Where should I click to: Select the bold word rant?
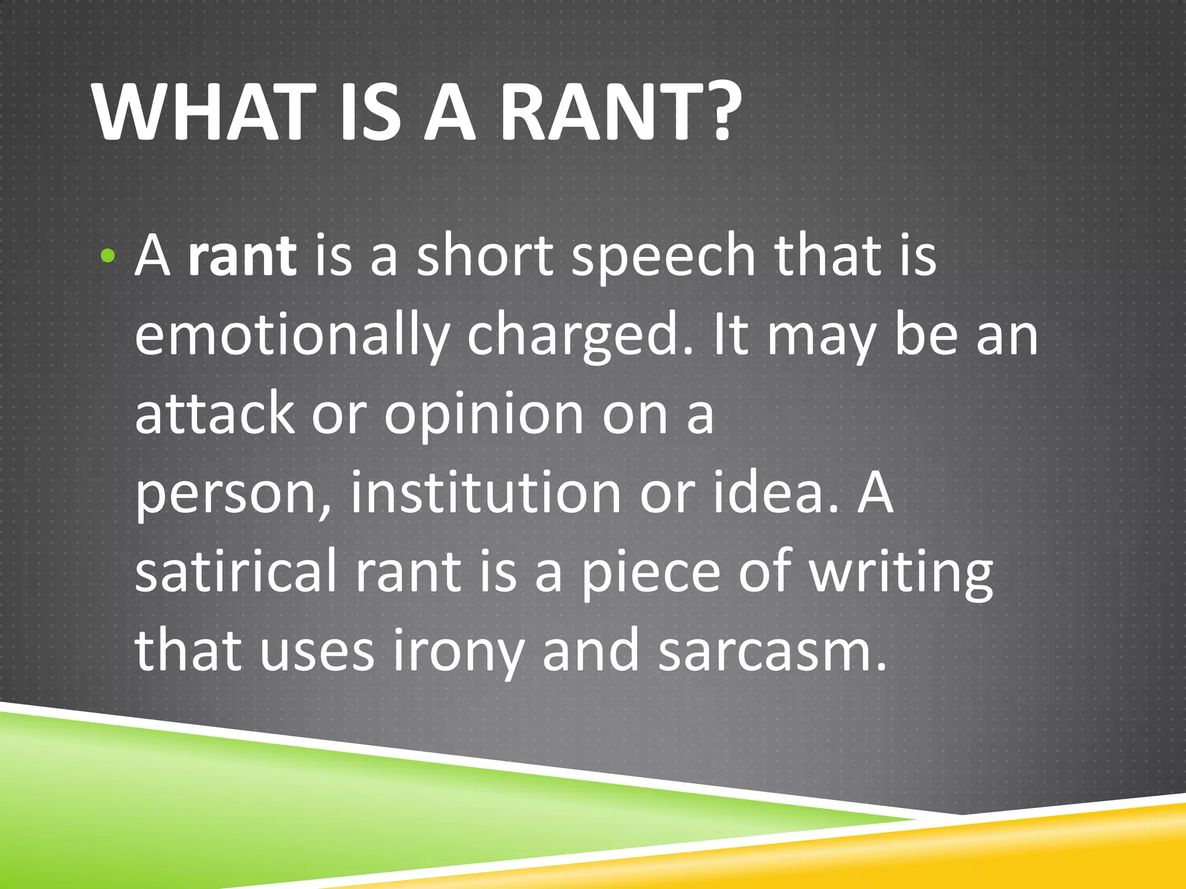tap(242, 256)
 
